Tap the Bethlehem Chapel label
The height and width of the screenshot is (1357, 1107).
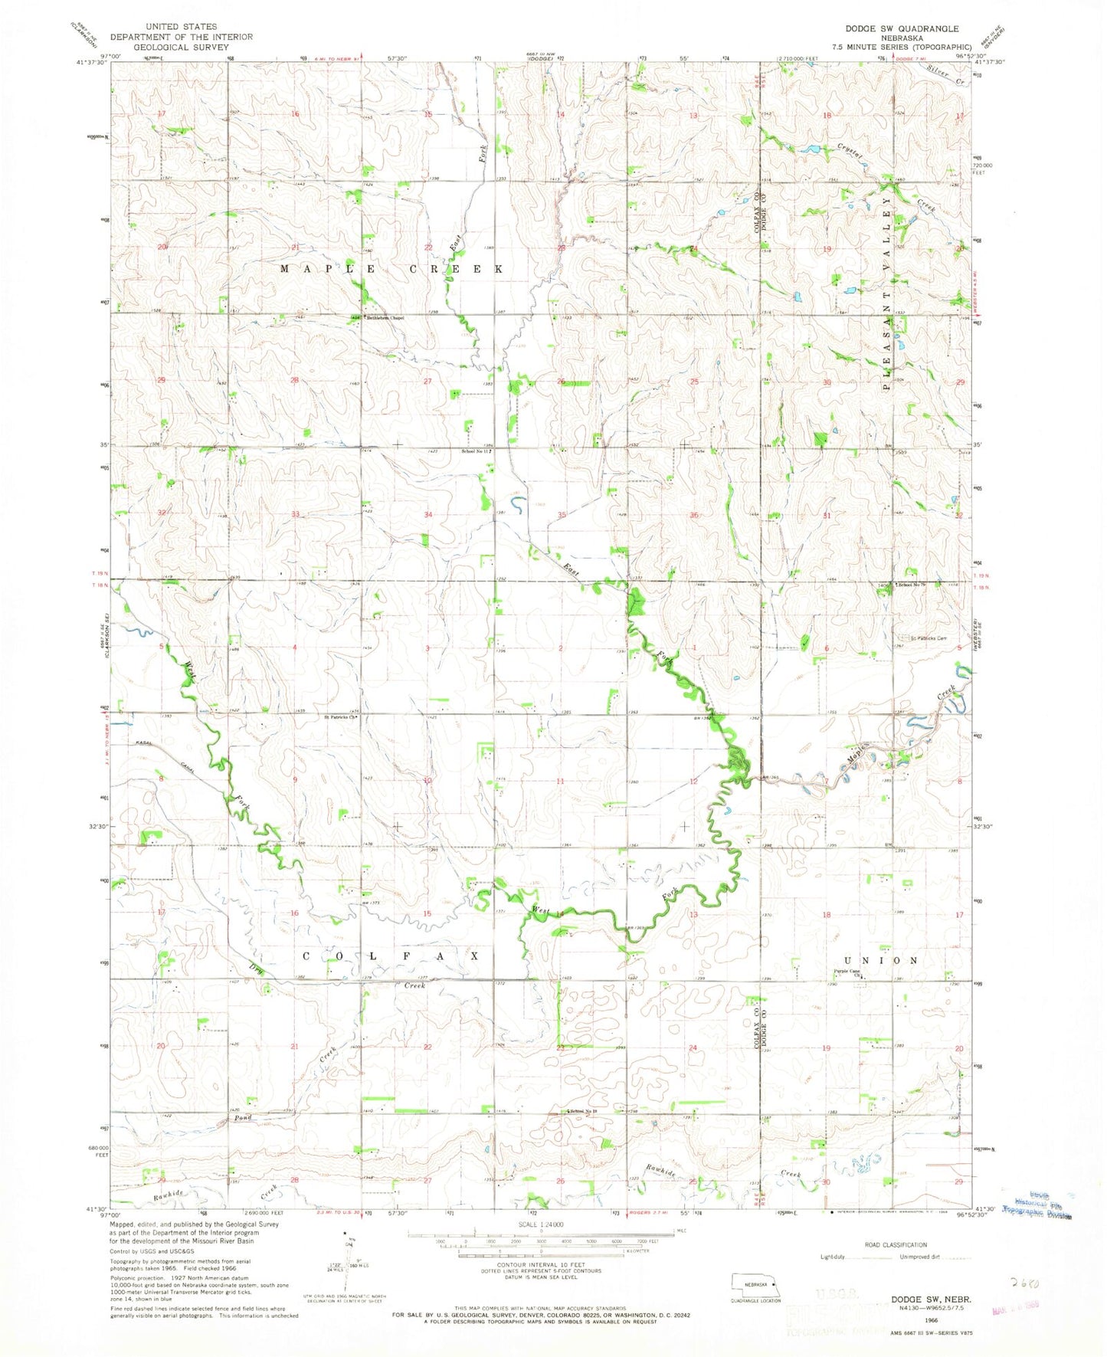click(385, 318)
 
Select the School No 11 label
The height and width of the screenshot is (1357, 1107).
click(475, 451)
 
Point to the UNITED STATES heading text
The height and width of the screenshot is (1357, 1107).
click(181, 26)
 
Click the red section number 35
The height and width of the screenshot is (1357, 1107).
click(562, 515)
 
